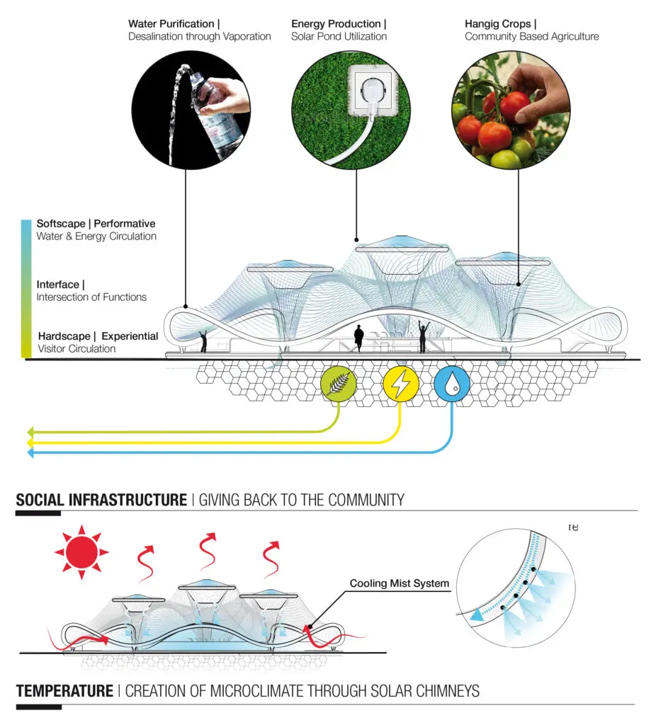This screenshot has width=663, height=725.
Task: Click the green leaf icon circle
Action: (339, 383)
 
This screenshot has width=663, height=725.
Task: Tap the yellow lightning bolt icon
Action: (401, 383)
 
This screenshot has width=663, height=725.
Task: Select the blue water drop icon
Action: (452, 383)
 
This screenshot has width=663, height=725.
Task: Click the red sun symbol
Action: (81, 552)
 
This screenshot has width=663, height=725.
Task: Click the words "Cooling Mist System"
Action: (399, 583)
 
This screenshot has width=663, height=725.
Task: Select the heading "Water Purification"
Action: (171, 23)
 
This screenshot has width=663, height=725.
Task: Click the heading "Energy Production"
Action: (336, 23)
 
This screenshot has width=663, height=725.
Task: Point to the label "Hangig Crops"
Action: (498, 23)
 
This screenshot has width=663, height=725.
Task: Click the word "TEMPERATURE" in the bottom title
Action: (64, 691)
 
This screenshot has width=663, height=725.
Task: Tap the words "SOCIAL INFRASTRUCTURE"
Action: (101, 500)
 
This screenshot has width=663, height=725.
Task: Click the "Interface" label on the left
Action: (58, 285)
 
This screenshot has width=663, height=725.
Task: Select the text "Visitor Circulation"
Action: (76, 348)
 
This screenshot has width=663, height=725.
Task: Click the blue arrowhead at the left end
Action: (30, 453)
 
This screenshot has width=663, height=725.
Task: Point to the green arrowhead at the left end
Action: (30, 433)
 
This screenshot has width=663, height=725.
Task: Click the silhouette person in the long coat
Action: (358, 338)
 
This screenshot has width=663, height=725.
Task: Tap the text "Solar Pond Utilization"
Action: (339, 37)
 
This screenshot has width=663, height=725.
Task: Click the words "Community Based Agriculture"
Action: (531, 37)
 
